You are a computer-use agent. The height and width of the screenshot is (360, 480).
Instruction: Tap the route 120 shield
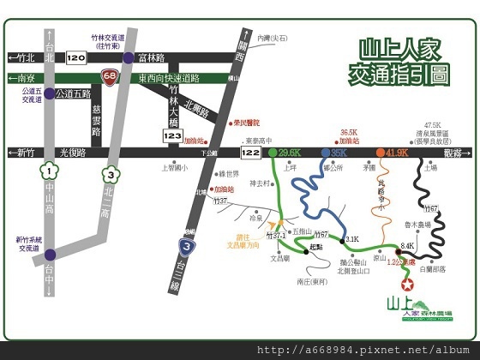(75, 58)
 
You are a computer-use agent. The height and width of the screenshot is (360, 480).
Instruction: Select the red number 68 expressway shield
(110, 76)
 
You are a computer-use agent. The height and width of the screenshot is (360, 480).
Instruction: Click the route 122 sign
(250, 152)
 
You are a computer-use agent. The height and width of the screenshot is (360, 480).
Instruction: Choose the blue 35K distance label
(339, 152)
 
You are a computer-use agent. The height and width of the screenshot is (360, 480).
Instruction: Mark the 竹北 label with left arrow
(21, 58)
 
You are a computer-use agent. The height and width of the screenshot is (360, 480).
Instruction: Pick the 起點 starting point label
(315, 248)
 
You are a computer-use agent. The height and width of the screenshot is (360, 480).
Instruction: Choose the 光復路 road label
(73, 153)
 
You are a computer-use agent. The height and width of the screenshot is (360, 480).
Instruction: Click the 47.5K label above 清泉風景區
(432, 126)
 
